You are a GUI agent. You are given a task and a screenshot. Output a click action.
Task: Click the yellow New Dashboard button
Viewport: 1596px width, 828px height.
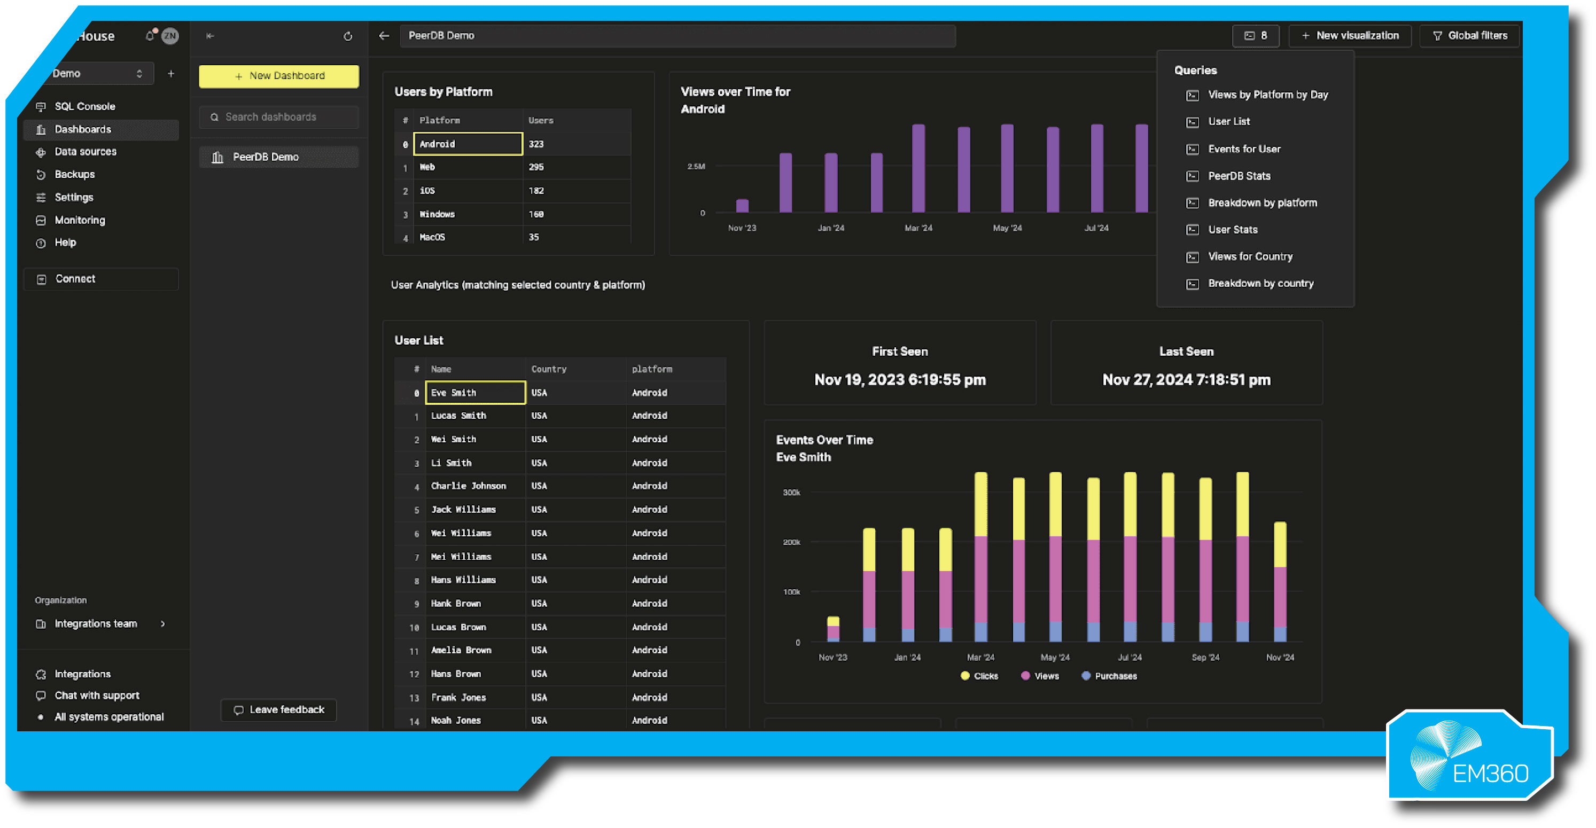[x=279, y=75]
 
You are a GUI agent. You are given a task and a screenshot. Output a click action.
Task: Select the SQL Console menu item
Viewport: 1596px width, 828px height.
[x=84, y=106]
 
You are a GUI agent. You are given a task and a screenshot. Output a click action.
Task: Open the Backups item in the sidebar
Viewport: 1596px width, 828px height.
[x=74, y=175]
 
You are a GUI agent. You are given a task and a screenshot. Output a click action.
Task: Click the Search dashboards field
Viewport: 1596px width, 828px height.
[x=279, y=117]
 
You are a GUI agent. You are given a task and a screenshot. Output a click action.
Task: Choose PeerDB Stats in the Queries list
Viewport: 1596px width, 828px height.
[x=1239, y=176]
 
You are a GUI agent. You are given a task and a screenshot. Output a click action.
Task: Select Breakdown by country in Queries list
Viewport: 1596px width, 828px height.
[x=1260, y=284]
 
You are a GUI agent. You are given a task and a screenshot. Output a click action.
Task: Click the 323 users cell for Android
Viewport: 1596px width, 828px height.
[x=536, y=144]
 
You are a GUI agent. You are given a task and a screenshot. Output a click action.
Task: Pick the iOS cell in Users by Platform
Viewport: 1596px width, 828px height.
[x=427, y=191]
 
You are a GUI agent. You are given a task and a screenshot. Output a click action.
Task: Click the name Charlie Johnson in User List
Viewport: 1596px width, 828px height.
[x=469, y=486]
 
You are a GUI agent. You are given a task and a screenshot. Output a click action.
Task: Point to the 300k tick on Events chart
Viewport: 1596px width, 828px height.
[x=791, y=493]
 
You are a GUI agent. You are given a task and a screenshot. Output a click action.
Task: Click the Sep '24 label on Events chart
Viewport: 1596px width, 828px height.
[x=1205, y=658]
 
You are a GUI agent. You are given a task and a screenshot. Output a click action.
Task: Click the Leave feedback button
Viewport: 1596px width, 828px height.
[x=279, y=710]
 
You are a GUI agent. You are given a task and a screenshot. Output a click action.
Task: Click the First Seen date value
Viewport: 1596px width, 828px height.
[x=900, y=380]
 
